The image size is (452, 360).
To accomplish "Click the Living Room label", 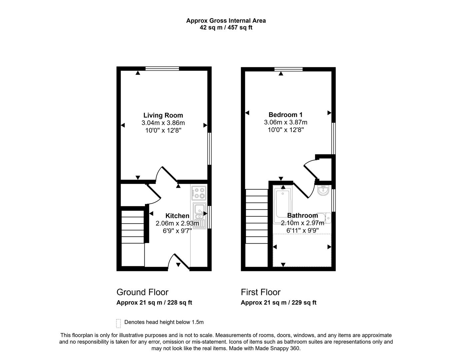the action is click(163, 115).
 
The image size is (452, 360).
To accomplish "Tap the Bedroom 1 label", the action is click(285, 115).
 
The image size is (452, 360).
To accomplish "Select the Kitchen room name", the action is click(177, 216).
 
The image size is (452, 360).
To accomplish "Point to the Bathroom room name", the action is click(302, 215).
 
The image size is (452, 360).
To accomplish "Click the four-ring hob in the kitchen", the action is click(198, 193).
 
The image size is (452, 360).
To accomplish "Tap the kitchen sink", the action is click(199, 216).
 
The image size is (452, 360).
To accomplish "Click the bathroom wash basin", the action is click(323, 190).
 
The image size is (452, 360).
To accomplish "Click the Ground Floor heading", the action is click(142, 292).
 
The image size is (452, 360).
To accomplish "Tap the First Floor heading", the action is click(260, 292).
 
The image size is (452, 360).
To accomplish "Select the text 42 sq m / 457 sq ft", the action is click(226, 28).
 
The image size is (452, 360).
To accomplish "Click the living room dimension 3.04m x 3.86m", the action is click(163, 123).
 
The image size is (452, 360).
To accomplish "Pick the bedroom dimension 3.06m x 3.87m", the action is click(285, 122).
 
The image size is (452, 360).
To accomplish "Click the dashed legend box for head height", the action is click(118, 323).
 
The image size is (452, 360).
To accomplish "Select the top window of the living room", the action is click(162, 68).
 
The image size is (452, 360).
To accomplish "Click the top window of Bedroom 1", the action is click(288, 69).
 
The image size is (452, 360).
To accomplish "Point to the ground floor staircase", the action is click(133, 238).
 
